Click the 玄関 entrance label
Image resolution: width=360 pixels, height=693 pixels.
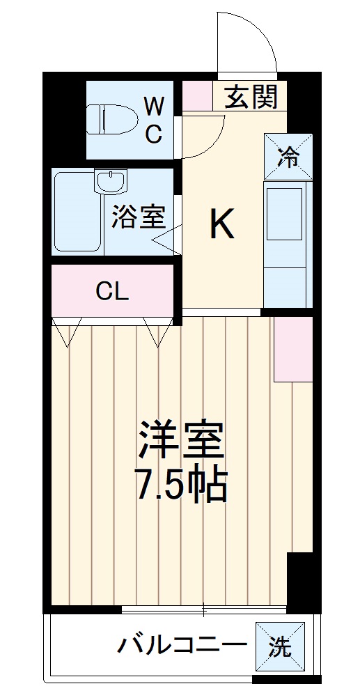tap(251, 98)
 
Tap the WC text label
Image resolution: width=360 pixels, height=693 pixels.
tap(154, 119)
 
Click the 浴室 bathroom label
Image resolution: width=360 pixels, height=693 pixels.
tap(139, 217)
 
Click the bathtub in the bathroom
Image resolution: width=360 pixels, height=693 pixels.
tap(76, 212)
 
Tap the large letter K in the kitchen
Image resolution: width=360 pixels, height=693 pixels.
tap(221, 225)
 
